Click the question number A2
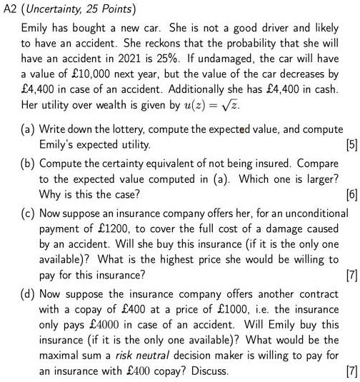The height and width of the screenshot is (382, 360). [10, 9]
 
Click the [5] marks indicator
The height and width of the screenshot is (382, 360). [351, 145]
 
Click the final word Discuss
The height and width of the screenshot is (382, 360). [211, 372]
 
